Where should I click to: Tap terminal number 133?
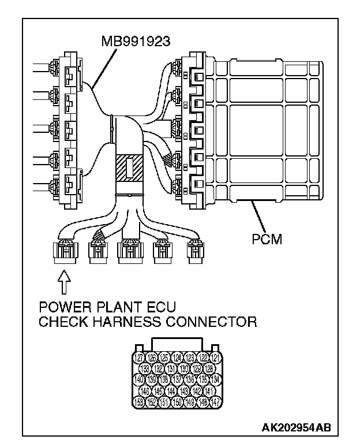coord(146,368)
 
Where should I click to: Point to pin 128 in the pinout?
coord(209,368)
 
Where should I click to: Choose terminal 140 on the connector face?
coord(138,379)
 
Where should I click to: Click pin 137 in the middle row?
coord(177,379)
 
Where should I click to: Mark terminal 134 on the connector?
coord(215,379)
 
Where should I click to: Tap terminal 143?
coord(184,390)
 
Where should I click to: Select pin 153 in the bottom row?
coord(138,401)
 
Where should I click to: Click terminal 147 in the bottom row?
coord(215,401)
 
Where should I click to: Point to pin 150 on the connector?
coord(177,401)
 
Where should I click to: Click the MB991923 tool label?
coord(137,42)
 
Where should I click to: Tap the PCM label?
coord(268,239)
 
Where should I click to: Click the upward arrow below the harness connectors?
coord(65,283)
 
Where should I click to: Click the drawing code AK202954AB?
coord(297,429)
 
